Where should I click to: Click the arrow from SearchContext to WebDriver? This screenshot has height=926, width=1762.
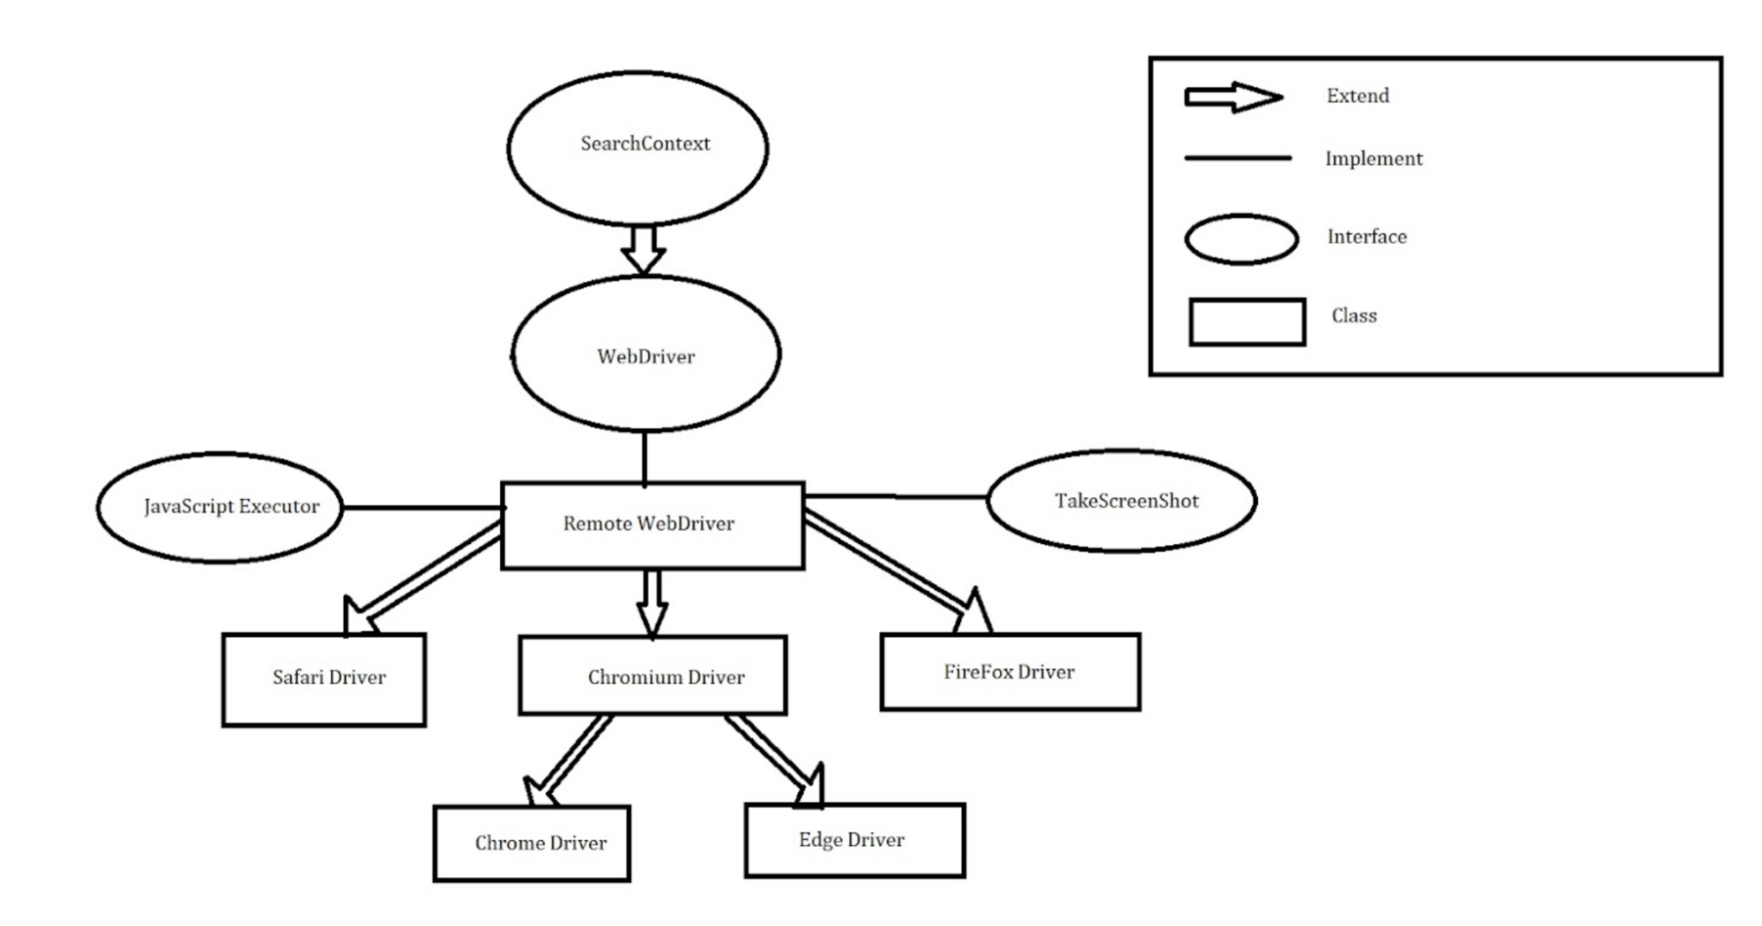[644, 250]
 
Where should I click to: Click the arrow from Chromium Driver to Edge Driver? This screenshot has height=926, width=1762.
[774, 761]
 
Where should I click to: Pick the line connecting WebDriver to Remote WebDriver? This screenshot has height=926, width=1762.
[644, 457]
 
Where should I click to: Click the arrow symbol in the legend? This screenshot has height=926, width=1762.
[1234, 97]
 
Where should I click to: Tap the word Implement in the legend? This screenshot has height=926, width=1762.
[1373, 158]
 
